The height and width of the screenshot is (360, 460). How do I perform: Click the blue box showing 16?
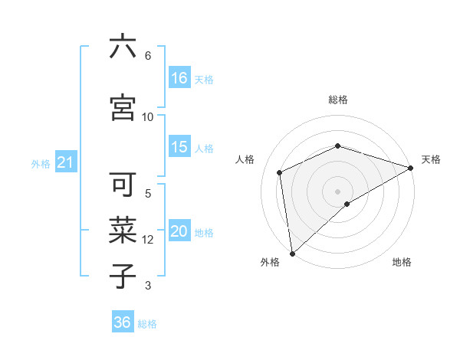pyautogui.click(x=179, y=78)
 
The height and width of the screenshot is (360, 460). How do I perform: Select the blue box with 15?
pyautogui.click(x=179, y=147)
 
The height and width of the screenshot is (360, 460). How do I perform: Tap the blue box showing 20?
pyautogui.click(x=179, y=231)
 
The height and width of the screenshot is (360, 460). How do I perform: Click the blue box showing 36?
pyautogui.click(x=123, y=322)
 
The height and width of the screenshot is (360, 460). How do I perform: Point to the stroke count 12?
pyautogui.click(x=149, y=240)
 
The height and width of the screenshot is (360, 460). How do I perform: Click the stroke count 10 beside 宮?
pyautogui.click(x=148, y=116)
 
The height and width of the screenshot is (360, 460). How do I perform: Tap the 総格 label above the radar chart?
pyautogui.click(x=338, y=100)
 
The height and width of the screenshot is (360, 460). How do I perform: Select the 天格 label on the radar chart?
pyautogui.click(x=432, y=159)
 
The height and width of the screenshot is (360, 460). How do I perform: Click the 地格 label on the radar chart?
pyautogui.click(x=402, y=262)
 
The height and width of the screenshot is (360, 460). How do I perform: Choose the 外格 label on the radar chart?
pyautogui.click(x=270, y=262)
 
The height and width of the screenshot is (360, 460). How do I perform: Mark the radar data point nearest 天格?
pyautogui.click(x=411, y=168)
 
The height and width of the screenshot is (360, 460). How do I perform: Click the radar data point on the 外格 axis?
pyautogui.click(x=292, y=253)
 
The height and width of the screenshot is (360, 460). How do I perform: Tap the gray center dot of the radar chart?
pyautogui.click(x=337, y=191)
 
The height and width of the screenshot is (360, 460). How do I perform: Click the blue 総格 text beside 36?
pyautogui.click(x=147, y=324)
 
